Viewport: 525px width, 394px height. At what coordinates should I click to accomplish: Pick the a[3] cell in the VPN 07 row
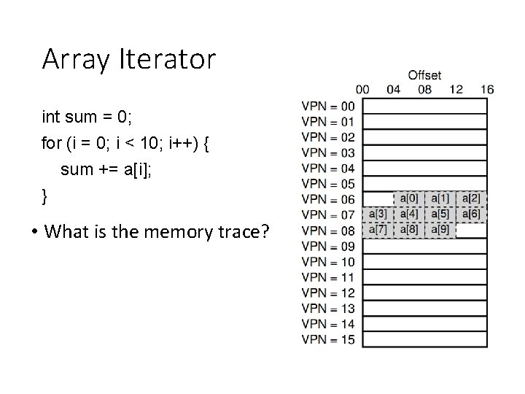coord(378,214)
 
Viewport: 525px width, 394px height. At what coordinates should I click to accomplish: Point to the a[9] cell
coord(440,229)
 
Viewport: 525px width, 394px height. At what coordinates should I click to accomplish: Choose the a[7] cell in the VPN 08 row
coord(378,229)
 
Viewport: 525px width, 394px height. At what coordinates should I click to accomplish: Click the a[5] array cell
coord(440,214)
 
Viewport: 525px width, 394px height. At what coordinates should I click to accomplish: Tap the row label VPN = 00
coord(328,107)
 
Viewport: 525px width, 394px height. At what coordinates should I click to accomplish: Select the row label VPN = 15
coord(328,339)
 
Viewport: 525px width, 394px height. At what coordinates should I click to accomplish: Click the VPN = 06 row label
coord(328,199)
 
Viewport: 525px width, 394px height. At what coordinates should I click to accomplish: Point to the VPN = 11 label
coord(328,277)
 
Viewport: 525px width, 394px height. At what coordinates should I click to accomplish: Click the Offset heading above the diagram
coord(424,75)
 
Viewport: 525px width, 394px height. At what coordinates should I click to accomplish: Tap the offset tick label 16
coord(488,90)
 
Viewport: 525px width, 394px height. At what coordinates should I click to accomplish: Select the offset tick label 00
coord(362,90)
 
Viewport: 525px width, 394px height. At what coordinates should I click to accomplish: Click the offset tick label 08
coord(424,90)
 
